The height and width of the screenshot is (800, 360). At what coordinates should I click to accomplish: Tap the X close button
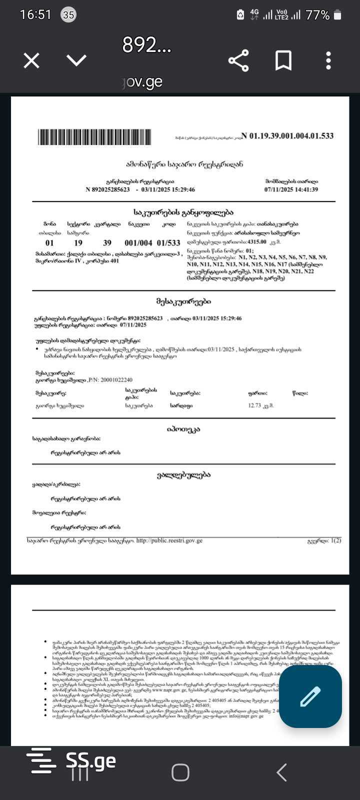[x=31, y=61]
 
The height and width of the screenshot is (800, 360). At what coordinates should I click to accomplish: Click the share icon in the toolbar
[x=238, y=61]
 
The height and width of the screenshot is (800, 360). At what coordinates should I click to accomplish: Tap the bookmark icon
[x=283, y=61]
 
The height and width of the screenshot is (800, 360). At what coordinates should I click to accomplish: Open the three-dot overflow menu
[x=328, y=61]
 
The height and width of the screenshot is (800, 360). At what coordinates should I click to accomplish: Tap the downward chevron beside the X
[x=76, y=61]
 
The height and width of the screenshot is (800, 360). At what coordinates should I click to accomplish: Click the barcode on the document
[x=94, y=137]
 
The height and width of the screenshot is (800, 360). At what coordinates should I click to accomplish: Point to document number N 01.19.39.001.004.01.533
[x=287, y=136]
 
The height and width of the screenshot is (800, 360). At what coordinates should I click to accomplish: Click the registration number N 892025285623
[x=107, y=189]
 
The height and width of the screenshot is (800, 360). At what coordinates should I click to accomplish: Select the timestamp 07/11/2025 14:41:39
[x=291, y=189]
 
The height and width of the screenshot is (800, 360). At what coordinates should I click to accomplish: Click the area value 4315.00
[x=257, y=242]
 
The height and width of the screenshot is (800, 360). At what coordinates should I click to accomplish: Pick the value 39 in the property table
[x=107, y=243]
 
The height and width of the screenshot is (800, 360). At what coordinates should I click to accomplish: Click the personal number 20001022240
[x=116, y=380]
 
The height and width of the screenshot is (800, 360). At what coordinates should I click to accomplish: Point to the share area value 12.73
[x=254, y=405]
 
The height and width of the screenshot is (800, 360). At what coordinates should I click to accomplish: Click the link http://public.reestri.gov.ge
[x=169, y=540]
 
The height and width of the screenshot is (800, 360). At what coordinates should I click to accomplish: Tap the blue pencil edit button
[x=310, y=696]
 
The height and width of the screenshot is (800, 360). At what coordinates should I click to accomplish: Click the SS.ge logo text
[x=91, y=761]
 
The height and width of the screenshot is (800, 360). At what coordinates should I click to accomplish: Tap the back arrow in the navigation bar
[x=282, y=772]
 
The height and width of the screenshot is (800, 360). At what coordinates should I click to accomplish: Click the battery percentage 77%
[x=317, y=15]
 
